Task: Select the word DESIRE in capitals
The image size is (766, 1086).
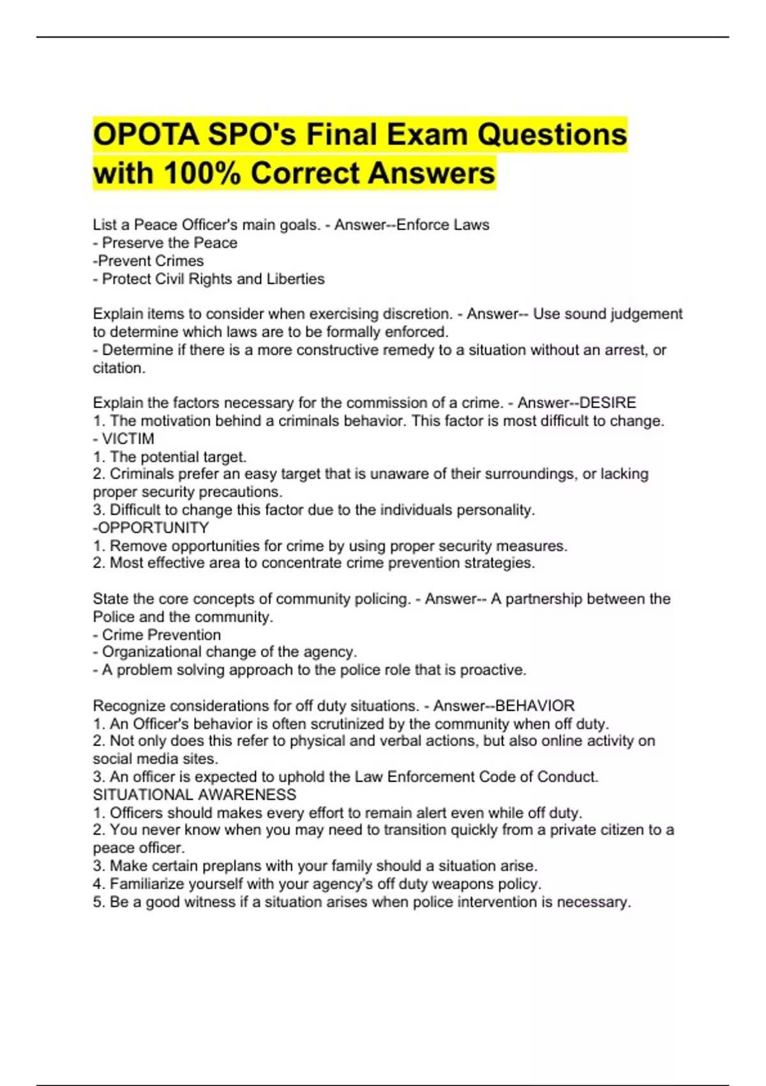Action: (607, 402)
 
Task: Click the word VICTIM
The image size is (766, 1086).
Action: (128, 439)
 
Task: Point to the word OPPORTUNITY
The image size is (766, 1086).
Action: (153, 528)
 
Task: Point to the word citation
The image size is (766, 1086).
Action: (118, 368)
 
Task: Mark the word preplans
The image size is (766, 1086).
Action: (237, 866)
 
